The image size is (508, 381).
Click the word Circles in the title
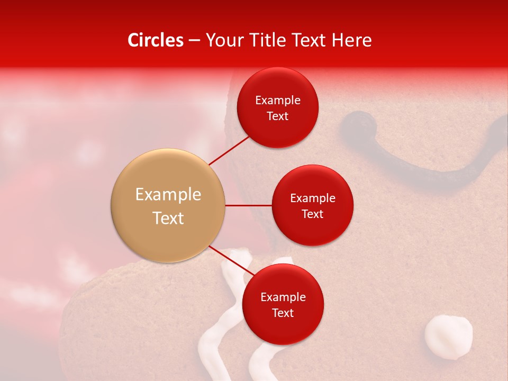(155, 40)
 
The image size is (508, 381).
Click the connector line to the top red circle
(229, 150)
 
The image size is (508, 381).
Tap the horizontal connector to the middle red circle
(248, 205)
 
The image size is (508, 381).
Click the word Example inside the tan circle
(168, 194)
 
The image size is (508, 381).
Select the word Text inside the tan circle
(168, 218)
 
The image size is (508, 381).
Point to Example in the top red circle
(277, 100)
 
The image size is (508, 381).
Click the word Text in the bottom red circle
(283, 313)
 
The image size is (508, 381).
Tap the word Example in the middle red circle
(312, 198)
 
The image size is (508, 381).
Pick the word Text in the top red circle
(277, 116)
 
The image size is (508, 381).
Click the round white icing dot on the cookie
(448, 337)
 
